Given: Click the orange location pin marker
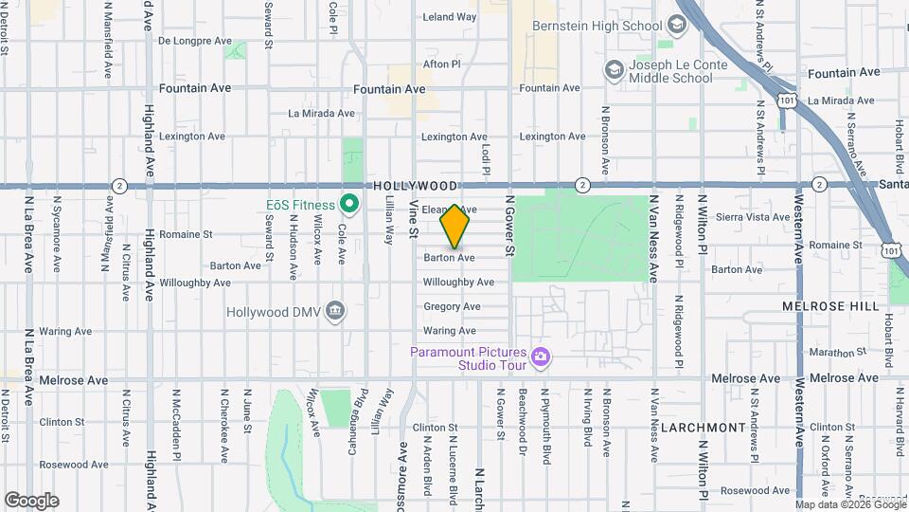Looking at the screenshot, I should (455, 226).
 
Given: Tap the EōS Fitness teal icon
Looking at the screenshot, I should (348, 205).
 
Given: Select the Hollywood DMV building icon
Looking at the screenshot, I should (334, 311).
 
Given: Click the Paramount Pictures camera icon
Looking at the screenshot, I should (541, 357).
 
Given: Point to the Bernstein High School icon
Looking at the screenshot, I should (677, 25).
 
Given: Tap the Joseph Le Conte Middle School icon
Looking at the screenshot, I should (614, 70).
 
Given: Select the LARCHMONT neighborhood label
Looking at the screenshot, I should (704, 428).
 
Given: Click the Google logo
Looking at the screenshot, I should (31, 501).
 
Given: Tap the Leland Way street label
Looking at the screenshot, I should (449, 17).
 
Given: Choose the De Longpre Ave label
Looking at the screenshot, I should (194, 41).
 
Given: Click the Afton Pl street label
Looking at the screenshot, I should (441, 64).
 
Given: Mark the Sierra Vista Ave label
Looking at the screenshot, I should (753, 217).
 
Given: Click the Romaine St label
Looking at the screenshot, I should (186, 234).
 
